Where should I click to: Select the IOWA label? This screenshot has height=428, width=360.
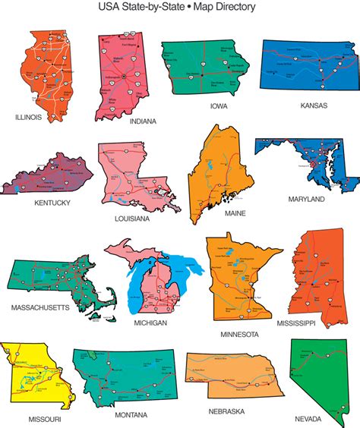[x=219, y=106]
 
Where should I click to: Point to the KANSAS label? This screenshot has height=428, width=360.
[x=314, y=105]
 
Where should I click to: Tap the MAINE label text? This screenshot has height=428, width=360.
[x=235, y=213]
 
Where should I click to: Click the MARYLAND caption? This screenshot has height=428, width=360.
[x=306, y=199]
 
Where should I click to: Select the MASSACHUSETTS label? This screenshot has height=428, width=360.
[x=40, y=307]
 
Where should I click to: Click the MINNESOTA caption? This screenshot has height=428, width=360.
[x=239, y=334]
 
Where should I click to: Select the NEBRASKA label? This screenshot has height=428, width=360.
[x=226, y=411]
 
